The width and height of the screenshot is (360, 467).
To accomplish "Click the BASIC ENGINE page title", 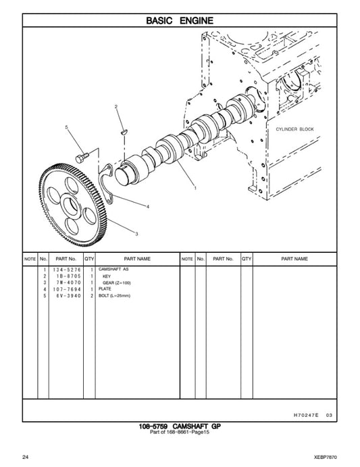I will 180,21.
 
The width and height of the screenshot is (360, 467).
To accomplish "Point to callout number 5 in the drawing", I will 66,127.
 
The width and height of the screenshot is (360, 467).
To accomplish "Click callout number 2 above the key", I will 115,107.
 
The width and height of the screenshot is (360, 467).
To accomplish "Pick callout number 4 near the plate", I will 148,206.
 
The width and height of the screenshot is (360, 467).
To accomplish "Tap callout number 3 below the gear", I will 136,234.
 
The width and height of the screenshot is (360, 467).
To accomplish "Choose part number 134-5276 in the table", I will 65,269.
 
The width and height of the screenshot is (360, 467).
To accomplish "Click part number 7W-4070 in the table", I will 65,282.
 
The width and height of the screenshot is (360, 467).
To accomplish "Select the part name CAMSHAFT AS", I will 113,269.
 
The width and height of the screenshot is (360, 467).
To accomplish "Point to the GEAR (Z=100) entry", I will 117,282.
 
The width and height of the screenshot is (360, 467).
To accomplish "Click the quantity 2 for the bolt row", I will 91,296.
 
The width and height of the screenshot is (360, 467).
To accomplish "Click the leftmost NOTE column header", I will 30,259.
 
